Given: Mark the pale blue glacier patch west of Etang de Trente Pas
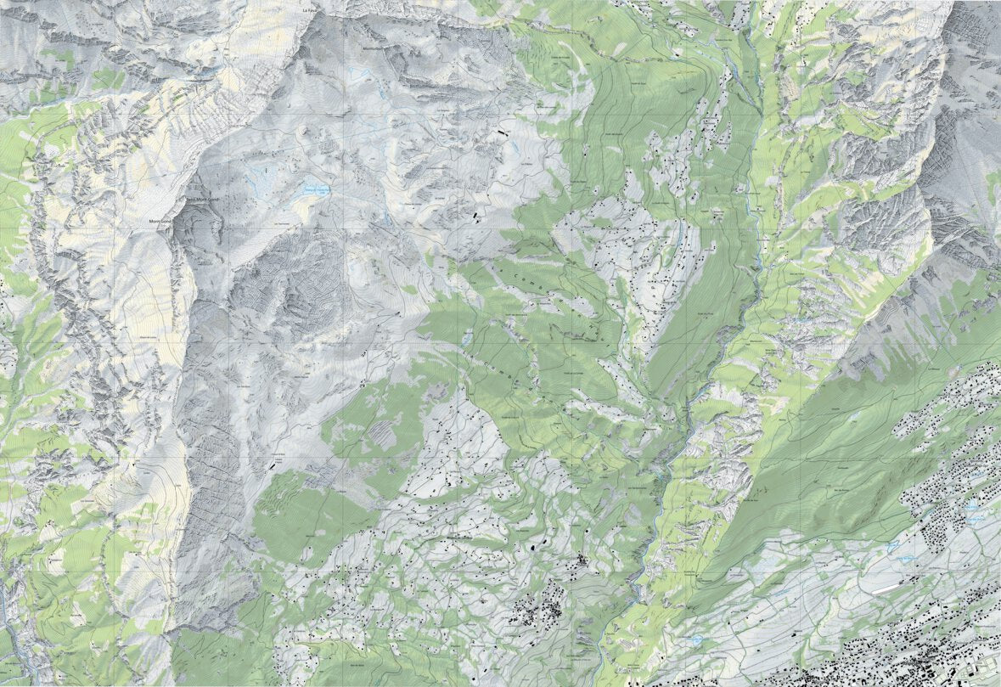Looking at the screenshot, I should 262,179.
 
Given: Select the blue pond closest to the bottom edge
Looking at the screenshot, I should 698,639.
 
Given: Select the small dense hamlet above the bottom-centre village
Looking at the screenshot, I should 582,561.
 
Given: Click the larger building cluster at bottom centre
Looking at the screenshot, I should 541,607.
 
